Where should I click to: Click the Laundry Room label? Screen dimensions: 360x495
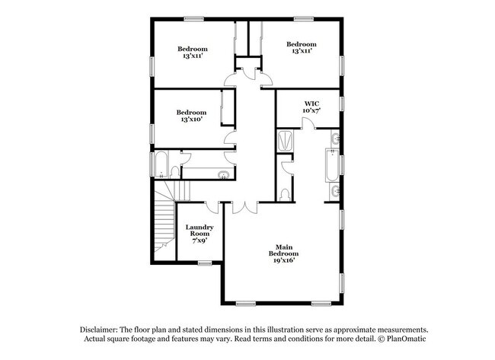[200, 233]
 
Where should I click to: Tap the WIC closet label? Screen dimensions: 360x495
[311, 107]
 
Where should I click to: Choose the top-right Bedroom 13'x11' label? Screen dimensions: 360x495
[301, 48]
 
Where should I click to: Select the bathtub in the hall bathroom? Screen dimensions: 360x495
[161, 163]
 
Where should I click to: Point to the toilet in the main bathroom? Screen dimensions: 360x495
[285, 195]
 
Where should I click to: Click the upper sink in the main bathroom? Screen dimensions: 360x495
[336, 139]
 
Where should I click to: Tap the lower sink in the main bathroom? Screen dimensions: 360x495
[336, 190]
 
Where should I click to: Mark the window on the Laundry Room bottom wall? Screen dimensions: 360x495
[204, 263]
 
